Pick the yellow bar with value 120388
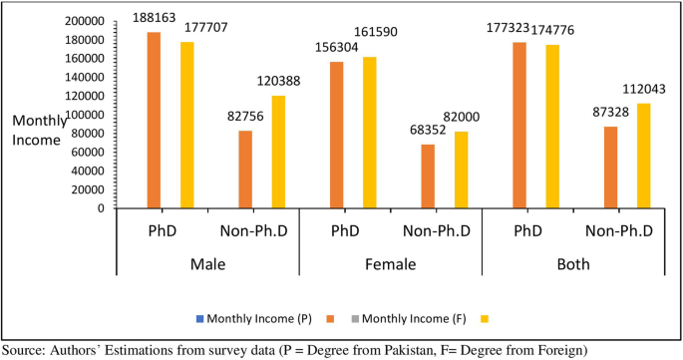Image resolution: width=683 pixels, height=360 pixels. point(278,153)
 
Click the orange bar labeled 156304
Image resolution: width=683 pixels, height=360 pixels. point(337,136)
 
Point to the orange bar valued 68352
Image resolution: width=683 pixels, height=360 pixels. point(428,177)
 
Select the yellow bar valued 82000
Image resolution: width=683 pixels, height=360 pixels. point(461,171)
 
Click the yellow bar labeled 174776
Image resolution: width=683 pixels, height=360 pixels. point(552,127)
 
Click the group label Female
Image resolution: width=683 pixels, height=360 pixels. point(391,264)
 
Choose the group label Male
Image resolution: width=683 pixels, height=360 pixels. point(207,264)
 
